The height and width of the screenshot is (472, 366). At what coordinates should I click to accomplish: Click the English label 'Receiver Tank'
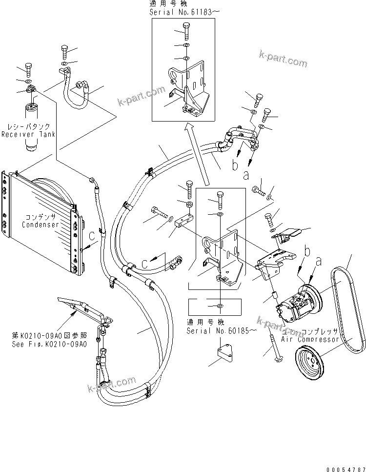[x=28, y=134]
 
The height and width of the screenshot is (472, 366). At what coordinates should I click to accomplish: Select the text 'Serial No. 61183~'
[x=182, y=12]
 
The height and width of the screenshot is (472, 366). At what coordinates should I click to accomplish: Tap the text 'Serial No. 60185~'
[x=221, y=330]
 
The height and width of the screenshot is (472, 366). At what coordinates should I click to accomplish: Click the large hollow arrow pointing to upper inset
[x=198, y=154]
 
